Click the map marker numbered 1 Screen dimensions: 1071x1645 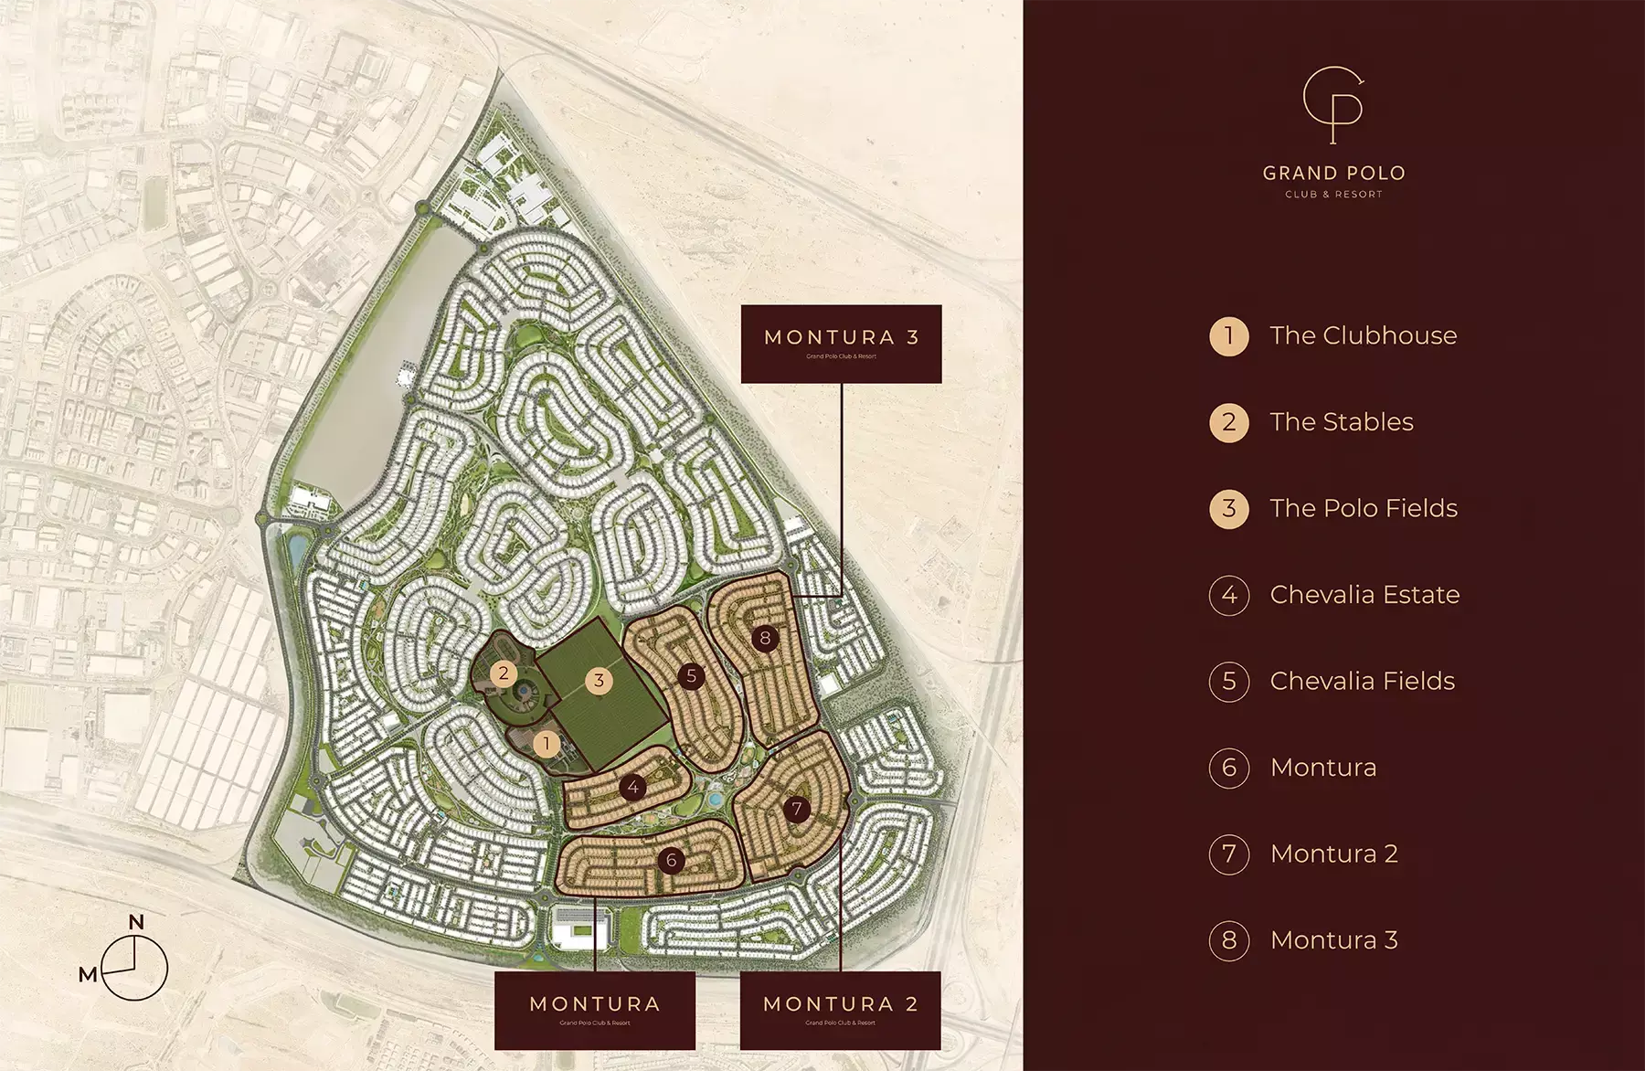point(547,743)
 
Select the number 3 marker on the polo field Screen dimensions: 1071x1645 point(599,680)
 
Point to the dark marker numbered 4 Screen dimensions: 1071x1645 point(632,787)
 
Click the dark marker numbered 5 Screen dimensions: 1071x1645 point(691,676)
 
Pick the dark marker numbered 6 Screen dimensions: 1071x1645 point(672,860)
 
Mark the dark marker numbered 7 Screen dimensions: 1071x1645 point(797,808)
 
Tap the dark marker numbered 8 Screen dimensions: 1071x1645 point(765,638)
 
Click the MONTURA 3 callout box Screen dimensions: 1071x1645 point(841,344)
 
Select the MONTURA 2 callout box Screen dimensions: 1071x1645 point(840,1010)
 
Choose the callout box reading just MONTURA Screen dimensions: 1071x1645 point(595,1010)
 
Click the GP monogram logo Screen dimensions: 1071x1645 point(1333,105)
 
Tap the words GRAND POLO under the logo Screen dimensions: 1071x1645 point(1333,173)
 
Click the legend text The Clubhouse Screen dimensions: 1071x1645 point(1363,335)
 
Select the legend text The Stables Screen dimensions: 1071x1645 point(1341,422)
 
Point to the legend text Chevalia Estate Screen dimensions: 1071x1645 point(1364,595)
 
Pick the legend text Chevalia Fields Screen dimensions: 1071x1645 point(1362,681)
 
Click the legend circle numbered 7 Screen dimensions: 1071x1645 point(1228,854)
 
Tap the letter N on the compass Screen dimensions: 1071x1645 point(136,922)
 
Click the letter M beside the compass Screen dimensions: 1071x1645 point(88,975)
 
